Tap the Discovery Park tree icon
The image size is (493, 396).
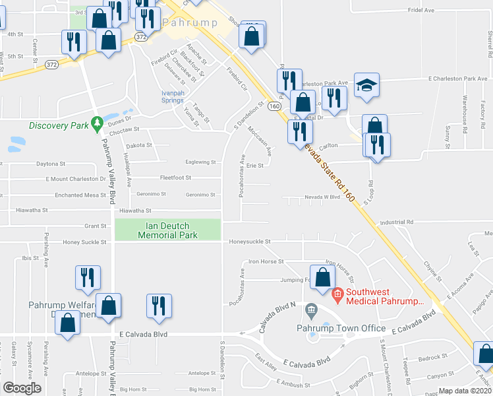pos(97,123)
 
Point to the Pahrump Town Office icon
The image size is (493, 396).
pos(312,310)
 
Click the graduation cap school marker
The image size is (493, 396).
pos(366,86)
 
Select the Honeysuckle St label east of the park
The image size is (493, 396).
pos(250,242)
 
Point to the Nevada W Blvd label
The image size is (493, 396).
pos(322,197)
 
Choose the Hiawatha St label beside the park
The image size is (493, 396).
pos(136,211)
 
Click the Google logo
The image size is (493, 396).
pos(22,388)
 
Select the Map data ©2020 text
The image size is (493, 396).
pos(464,391)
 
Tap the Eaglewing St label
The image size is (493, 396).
pos(201,162)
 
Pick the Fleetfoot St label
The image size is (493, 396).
pos(176,178)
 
